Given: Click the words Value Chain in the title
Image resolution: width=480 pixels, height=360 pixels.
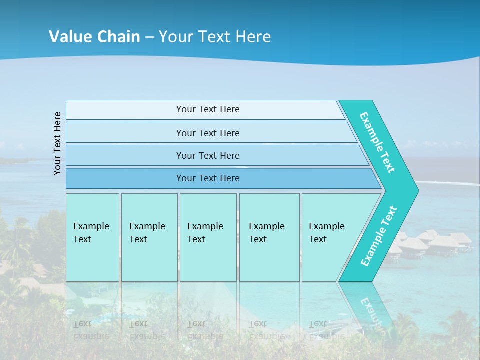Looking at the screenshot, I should click(94, 36).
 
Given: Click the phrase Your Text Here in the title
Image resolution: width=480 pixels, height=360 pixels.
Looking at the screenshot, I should click(215, 36).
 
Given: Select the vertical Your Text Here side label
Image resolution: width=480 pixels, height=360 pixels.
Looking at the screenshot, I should click(57, 143).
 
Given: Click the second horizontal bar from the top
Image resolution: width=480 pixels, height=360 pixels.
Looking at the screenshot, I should click(207, 133).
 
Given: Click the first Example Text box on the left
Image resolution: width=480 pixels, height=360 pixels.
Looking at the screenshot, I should click(92, 237).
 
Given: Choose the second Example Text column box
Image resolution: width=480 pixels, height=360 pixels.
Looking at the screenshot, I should click(149, 237).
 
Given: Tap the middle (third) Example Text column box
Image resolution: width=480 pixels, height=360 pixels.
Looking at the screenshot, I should click(208, 237).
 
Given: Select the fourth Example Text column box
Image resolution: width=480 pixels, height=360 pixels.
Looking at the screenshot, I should click(269, 237).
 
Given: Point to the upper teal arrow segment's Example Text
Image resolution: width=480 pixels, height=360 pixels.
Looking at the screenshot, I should click(377, 142).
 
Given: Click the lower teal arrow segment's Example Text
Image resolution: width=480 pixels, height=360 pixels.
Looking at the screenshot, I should click(379, 236).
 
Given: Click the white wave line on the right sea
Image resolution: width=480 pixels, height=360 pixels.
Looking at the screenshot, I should click(450, 183).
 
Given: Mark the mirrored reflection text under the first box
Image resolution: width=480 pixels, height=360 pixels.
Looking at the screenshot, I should click(91, 330).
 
